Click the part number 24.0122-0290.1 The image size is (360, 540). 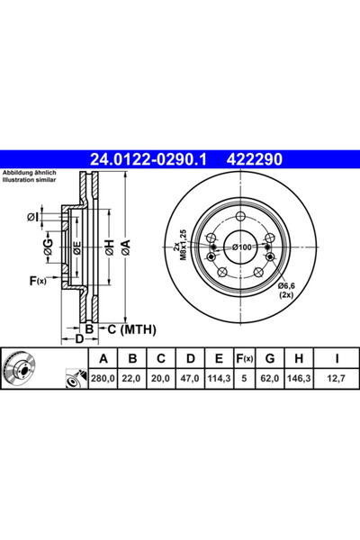[148, 159]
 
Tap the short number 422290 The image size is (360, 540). [254, 159]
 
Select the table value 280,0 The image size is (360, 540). [103, 379]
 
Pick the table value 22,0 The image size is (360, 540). [131, 379]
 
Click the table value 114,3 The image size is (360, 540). [219, 379]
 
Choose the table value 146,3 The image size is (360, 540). [299, 379]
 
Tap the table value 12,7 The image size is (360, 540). [337, 379]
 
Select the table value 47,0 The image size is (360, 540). [190, 379]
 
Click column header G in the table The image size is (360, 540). [270, 358]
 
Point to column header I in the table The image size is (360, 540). [337, 358]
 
